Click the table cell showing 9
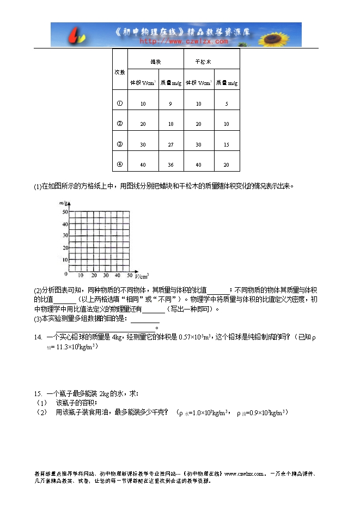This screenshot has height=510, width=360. [170, 104]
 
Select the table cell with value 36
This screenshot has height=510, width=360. [170, 165]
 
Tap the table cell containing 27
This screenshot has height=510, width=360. [170, 144]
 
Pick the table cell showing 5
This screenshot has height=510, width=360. [226, 104]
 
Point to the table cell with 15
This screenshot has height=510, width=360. [226, 144]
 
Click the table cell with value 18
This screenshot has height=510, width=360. [170, 124]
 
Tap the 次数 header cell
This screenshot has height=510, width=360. [120, 72]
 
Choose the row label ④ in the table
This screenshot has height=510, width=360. [120, 164]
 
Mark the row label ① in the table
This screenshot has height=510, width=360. [120, 103]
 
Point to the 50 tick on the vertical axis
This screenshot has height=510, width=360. [65, 211]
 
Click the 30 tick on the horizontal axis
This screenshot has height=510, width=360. [107, 276]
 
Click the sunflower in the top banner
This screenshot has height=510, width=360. [285, 35]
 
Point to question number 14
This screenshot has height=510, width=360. [38, 337]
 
